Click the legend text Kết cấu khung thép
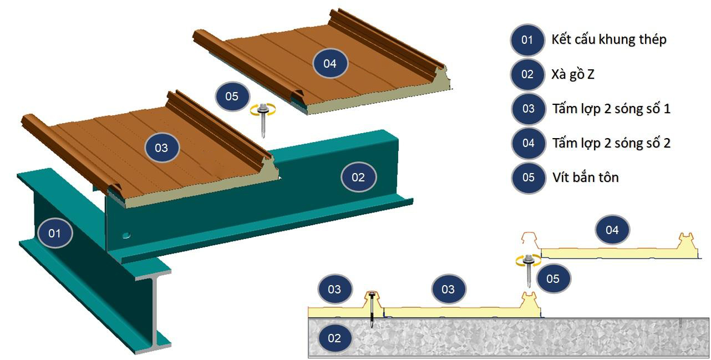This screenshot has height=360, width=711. pos(609,39)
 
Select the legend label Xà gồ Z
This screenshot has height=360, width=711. pos(573,74)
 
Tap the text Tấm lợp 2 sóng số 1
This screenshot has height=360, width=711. pos(611,108)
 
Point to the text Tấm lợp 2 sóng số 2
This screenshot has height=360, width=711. pos(611,143)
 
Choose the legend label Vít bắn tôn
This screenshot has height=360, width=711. pos(585,178)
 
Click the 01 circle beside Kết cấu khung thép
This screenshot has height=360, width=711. pos(527,39)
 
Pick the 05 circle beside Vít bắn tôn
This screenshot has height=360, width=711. pos(528,178)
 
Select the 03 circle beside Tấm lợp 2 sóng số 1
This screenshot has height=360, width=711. pos(528,109)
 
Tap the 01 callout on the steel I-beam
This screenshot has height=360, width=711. pos(54,233)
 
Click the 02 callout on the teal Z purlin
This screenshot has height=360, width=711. pos(358,178)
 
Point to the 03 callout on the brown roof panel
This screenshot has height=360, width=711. pos(161,148)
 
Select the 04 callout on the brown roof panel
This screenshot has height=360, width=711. pos(329,63)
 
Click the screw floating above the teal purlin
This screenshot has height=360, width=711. pos(263,118)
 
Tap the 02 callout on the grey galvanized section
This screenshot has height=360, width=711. pos(334,338)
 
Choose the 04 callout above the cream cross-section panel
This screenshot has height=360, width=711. pos(612,230)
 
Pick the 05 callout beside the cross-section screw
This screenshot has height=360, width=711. pos(553,278)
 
